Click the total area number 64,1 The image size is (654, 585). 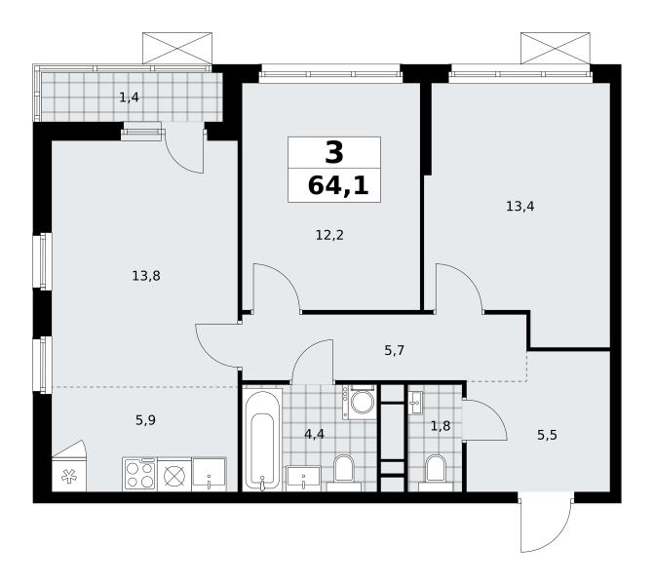tap(338, 185)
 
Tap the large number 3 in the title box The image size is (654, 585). tap(334, 152)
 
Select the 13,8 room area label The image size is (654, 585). tap(146, 276)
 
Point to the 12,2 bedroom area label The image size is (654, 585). tap(329, 235)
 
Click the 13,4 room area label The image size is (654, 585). tap(520, 206)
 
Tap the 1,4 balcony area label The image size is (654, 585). tap(130, 97)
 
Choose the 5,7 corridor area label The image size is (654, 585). tap(394, 350)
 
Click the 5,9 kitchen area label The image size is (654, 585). tap(145, 420)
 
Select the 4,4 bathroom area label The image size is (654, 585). tap(314, 435)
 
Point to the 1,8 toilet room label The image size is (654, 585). tap(441, 426)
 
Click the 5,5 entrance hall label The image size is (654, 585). tap(547, 436)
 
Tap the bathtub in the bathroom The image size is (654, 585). tap(262, 440)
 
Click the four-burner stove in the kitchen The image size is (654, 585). tap(140, 475)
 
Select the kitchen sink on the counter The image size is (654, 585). tap(209, 475)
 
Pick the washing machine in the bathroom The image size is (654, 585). tap(360, 402)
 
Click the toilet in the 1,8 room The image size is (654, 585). tap(436, 473)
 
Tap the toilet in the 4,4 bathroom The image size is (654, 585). tap(344, 473)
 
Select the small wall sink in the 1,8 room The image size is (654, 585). tap(416, 403)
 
